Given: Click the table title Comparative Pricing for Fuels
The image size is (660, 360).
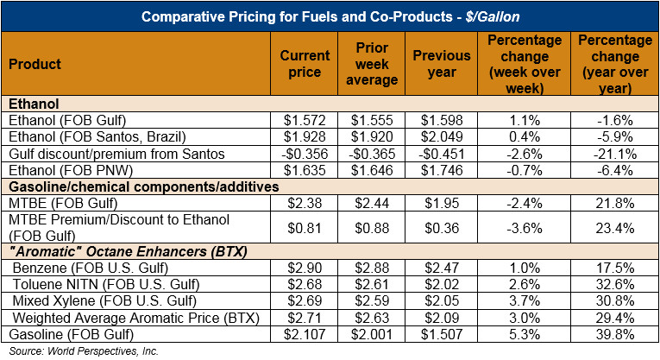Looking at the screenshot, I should tap(330, 16).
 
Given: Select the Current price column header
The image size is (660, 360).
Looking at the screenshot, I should tap(305, 64).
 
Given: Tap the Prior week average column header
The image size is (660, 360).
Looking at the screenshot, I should tap(372, 64).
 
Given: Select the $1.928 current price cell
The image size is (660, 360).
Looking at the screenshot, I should tap(305, 136).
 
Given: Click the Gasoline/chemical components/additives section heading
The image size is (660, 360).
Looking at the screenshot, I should tap(126, 186).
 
